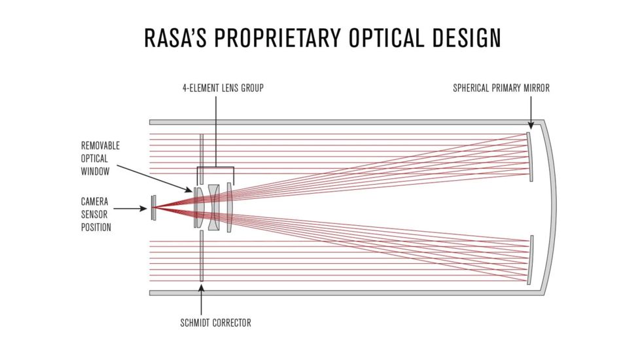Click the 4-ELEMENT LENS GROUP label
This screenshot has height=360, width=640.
tap(223, 88)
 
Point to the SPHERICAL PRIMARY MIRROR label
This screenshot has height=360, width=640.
tap(501, 88)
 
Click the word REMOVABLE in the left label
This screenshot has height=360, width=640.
tap(100, 145)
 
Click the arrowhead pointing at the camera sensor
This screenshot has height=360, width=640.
tap(146, 209)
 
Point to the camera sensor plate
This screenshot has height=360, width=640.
tap(154, 208)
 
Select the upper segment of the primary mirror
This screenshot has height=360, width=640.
tap(530, 157)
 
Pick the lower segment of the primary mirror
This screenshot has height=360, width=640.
tap(531, 259)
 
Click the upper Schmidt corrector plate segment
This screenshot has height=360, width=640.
tap(202, 154)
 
